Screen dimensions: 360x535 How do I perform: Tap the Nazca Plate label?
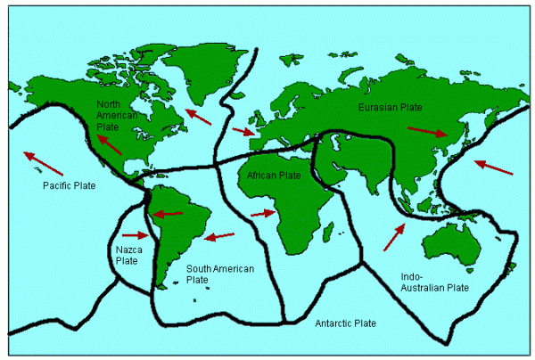[128, 256]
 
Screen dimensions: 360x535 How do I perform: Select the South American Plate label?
[219, 274]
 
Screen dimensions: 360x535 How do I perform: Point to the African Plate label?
[277, 176]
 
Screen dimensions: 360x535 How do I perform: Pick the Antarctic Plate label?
[345, 323]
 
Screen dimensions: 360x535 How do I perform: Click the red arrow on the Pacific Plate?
[44, 163]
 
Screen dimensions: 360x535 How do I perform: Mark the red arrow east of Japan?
[493, 167]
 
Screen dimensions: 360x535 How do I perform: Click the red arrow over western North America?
[110, 143]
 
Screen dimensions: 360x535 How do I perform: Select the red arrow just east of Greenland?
[199, 116]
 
